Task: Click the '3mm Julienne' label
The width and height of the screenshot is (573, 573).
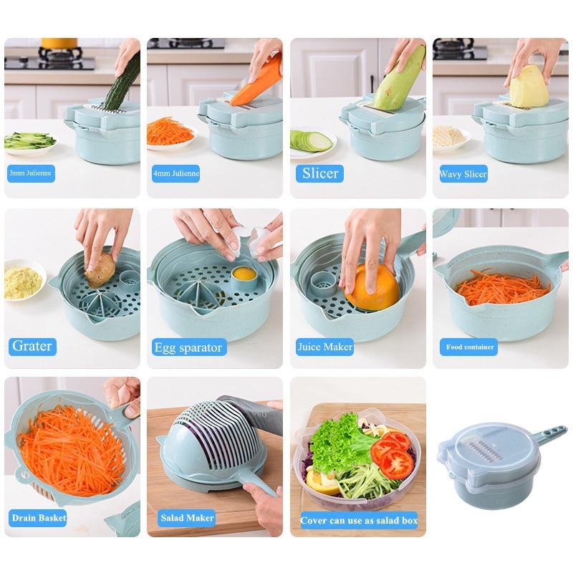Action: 31,173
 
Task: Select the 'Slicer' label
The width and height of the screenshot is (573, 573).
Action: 319,173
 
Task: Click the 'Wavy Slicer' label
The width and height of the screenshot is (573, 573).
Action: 463,173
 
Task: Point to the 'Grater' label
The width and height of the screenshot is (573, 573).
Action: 32,346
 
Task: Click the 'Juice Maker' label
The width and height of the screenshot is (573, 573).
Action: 325,347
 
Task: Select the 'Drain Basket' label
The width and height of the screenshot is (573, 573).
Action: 39,517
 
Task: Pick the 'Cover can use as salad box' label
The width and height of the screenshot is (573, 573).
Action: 358,520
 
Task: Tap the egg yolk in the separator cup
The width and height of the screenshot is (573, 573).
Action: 244,274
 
